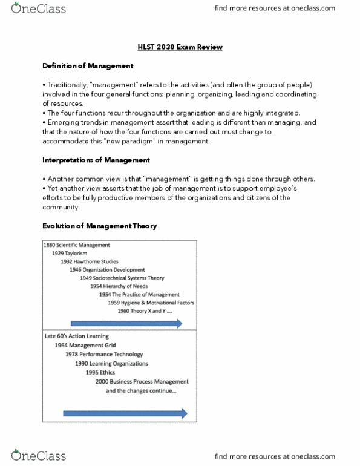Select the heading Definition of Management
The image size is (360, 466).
pos(88,65)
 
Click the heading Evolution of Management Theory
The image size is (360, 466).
pos(99,226)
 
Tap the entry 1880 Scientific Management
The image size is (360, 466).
pos(77,245)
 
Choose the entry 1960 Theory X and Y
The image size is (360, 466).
pos(152,310)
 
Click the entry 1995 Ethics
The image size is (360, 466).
pos(101,373)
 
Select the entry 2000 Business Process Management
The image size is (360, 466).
pos(142,382)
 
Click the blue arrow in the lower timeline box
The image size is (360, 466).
pos(124,414)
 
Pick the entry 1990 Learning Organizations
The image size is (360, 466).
pos(111,364)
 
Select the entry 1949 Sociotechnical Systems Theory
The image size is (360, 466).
pos(130,278)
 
